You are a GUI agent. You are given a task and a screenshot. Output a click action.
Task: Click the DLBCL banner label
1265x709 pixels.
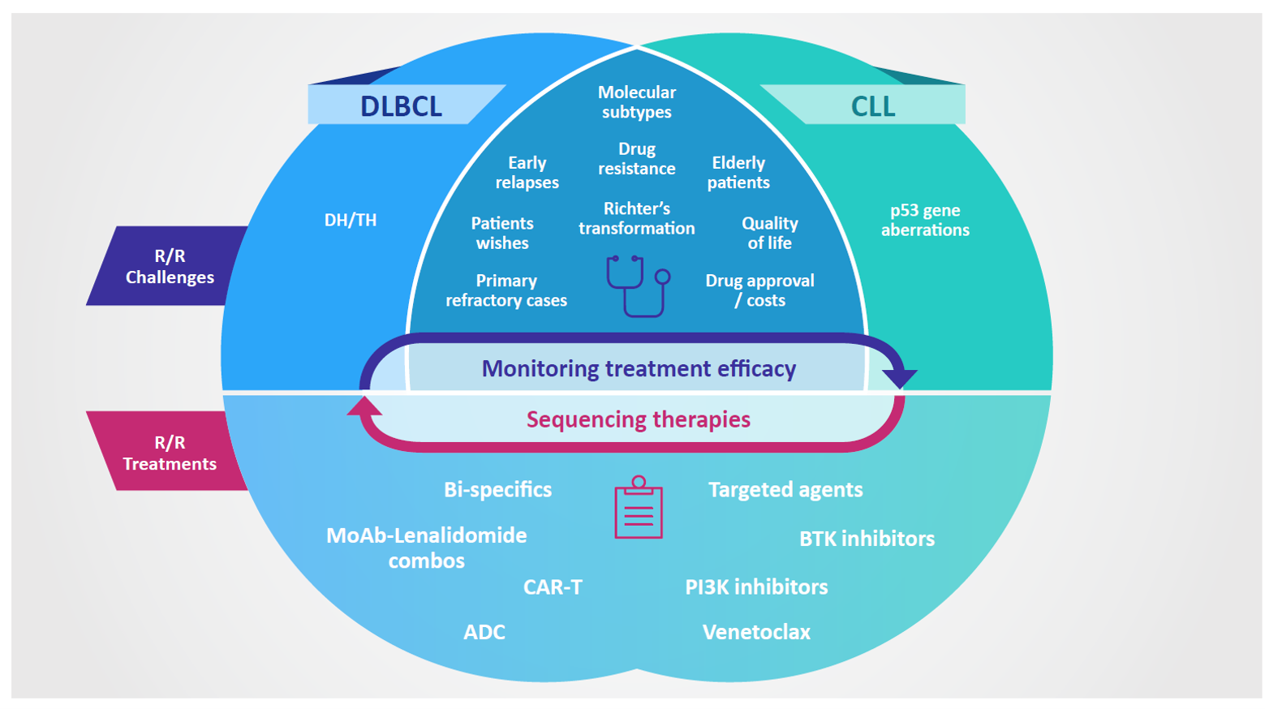(401, 106)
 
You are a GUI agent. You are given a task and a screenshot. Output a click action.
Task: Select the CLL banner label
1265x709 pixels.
(872, 106)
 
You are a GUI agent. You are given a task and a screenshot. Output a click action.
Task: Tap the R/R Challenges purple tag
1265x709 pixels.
(170, 266)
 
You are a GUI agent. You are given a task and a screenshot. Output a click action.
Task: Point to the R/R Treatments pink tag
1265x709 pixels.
(170, 452)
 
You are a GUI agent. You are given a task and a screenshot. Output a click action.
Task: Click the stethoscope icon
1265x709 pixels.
(638, 286)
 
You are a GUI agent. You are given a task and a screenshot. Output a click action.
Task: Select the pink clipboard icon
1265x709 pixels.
(638, 507)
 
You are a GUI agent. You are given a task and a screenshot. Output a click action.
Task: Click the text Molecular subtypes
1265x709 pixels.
(636, 101)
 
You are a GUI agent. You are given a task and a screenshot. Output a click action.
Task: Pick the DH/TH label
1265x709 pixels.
(351, 220)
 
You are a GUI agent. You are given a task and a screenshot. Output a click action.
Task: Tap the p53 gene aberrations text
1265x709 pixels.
(925, 220)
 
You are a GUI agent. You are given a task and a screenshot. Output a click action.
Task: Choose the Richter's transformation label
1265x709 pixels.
(636, 218)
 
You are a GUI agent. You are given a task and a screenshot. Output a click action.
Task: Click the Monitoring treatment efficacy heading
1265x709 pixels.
(639, 368)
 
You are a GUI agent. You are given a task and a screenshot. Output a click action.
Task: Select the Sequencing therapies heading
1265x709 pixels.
(638, 419)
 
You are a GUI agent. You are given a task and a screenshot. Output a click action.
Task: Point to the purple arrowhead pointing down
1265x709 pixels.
(900, 378)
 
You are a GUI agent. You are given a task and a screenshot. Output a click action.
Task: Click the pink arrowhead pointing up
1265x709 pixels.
(364, 406)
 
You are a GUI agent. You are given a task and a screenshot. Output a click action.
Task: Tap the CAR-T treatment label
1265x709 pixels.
(553, 587)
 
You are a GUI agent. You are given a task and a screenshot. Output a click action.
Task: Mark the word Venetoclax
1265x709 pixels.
(756, 632)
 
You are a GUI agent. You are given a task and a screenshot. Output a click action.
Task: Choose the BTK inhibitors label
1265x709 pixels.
(867, 539)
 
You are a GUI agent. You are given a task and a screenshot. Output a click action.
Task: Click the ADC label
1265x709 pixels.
(484, 632)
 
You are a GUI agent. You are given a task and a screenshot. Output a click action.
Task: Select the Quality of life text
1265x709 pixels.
(770, 233)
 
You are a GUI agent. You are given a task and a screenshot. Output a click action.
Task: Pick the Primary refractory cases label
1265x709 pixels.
(506, 290)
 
